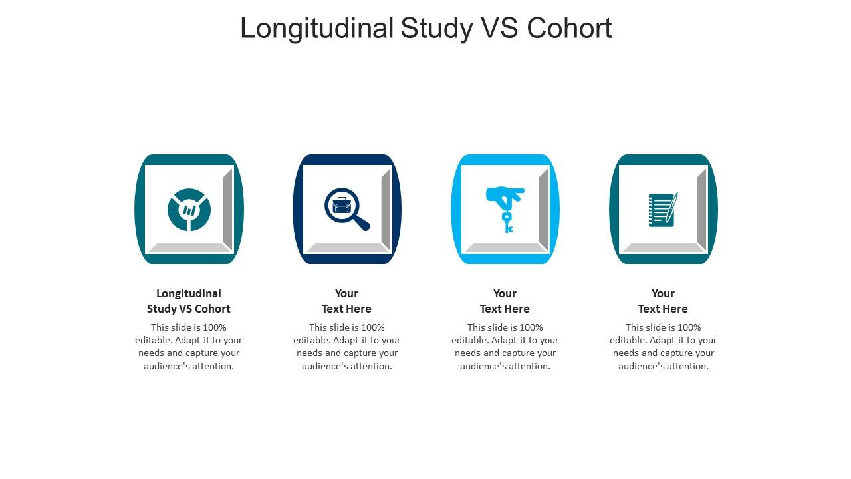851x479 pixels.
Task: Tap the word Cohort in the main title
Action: [x=569, y=29]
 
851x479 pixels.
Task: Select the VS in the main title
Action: [x=495, y=29]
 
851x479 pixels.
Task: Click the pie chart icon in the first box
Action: [x=189, y=210]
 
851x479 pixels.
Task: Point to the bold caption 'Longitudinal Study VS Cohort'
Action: [x=189, y=301]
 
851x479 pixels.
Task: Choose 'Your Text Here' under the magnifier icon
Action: [x=346, y=301]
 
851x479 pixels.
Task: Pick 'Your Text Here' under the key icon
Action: [x=505, y=301]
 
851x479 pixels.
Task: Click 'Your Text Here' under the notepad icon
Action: [x=663, y=301]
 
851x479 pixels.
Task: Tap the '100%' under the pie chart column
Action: [x=215, y=327]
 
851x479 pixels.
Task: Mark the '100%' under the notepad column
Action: [x=689, y=327]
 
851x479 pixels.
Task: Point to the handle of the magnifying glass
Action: [x=360, y=222]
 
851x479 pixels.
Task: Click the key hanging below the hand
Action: [x=507, y=222]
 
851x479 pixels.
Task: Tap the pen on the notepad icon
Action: [x=672, y=206]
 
